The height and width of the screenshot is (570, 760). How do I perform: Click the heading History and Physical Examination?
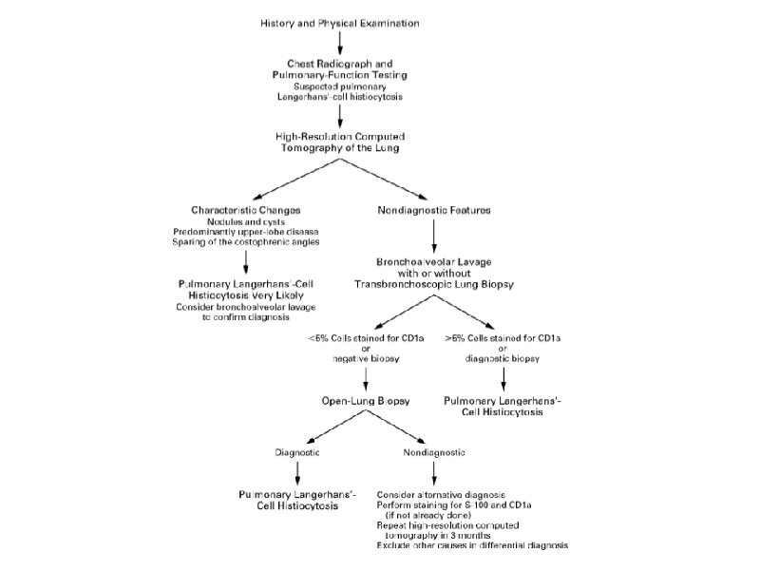(x=339, y=22)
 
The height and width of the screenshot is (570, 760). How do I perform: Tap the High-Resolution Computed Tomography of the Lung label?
(x=339, y=140)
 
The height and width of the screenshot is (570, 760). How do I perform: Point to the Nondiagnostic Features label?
(x=433, y=209)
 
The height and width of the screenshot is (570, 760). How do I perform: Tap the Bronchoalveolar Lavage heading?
(x=433, y=258)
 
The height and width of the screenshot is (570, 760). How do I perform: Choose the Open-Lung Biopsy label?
(x=367, y=402)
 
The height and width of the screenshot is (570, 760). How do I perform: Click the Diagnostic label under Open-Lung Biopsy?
(x=297, y=452)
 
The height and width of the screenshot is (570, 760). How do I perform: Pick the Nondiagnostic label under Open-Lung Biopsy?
(x=433, y=452)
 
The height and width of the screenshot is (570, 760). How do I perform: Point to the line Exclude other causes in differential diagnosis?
(x=472, y=545)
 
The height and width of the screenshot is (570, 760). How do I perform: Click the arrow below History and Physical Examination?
(x=339, y=41)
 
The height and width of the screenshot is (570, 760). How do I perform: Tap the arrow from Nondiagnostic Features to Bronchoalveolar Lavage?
(x=433, y=234)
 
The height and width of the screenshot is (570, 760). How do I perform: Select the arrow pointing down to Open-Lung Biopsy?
(x=367, y=379)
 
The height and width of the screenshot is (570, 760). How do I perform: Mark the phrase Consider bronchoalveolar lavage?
(x=245, y=307)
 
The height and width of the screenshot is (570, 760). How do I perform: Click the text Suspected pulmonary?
(x=339, y=86)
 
